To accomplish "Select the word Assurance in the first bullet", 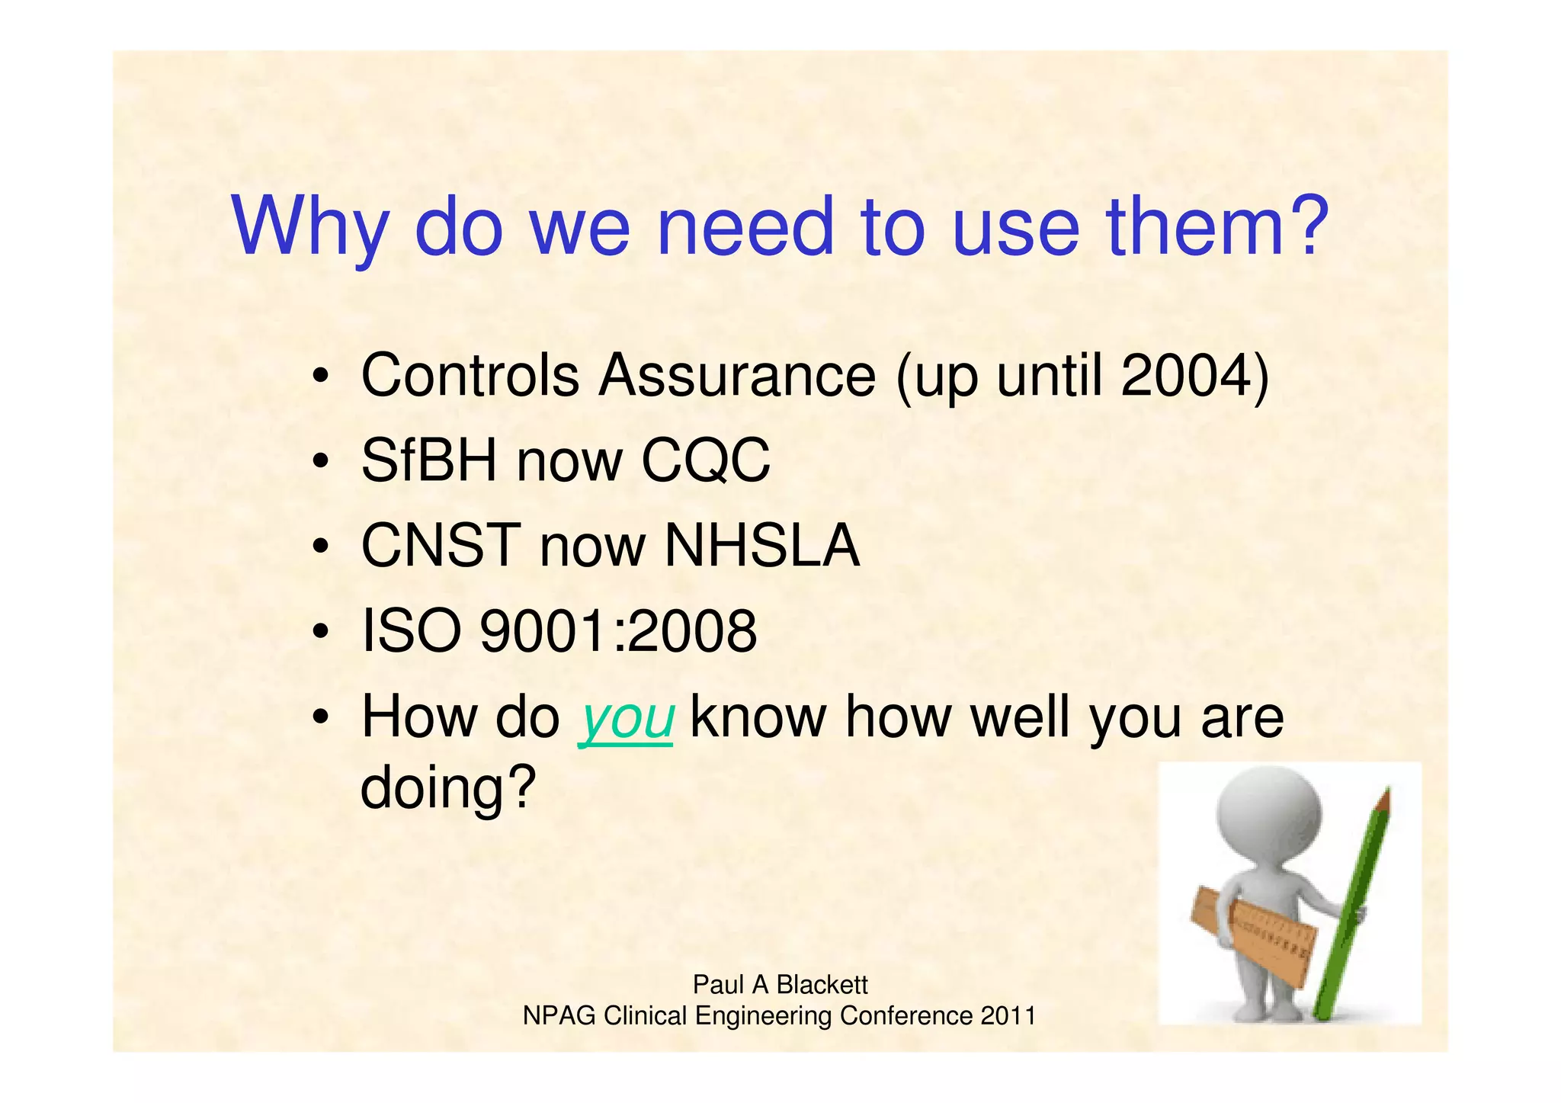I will point(736,375).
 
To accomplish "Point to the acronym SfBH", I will point(428,460).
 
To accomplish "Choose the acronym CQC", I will point(705,460).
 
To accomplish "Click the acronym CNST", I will point(440,546).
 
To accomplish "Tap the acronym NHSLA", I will point(761,546).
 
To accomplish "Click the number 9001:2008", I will point(618,631).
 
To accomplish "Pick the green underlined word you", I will point(627,718).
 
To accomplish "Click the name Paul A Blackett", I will point(780,985).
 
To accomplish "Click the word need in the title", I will point(745,227).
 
